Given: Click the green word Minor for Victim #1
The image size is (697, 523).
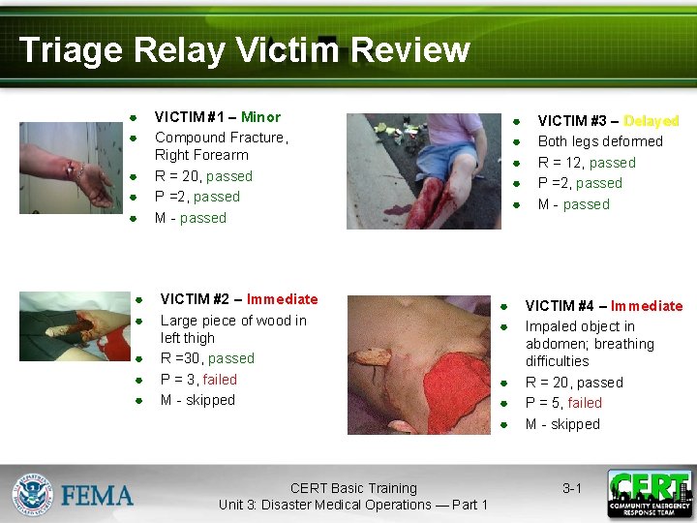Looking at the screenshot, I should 260,117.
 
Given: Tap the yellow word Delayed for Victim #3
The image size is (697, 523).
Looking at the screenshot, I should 652,121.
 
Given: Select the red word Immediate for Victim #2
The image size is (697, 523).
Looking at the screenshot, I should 282,299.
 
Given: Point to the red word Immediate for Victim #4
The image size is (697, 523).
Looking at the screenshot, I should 647,306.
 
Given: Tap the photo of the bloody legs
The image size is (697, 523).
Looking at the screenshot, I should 424,171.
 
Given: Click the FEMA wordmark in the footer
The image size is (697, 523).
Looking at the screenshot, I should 98,497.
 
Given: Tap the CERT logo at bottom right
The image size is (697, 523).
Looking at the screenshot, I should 650,494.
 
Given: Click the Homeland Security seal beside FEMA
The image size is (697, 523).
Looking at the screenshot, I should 32,494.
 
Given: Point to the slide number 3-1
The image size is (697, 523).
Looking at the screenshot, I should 572,488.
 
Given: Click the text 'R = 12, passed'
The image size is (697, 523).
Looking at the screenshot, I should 587,163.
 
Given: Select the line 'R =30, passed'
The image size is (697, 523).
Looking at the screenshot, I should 207,358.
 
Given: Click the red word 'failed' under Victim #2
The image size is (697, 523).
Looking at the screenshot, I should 220,380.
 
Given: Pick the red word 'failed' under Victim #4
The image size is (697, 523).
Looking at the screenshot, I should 585,403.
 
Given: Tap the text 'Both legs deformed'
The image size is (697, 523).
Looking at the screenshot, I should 600,141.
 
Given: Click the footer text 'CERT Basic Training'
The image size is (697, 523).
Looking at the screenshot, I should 353,488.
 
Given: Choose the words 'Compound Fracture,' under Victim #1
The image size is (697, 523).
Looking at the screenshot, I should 222,138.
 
